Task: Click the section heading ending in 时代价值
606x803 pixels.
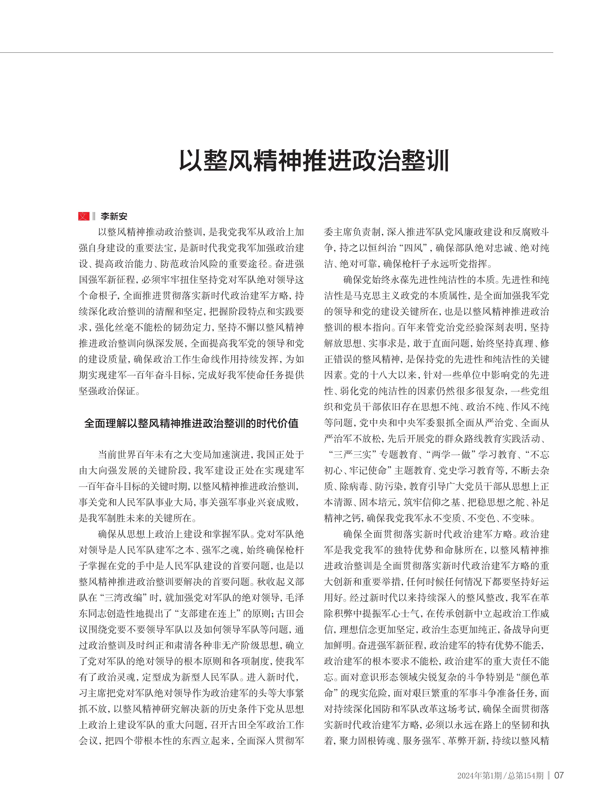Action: (x=191, y=423)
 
